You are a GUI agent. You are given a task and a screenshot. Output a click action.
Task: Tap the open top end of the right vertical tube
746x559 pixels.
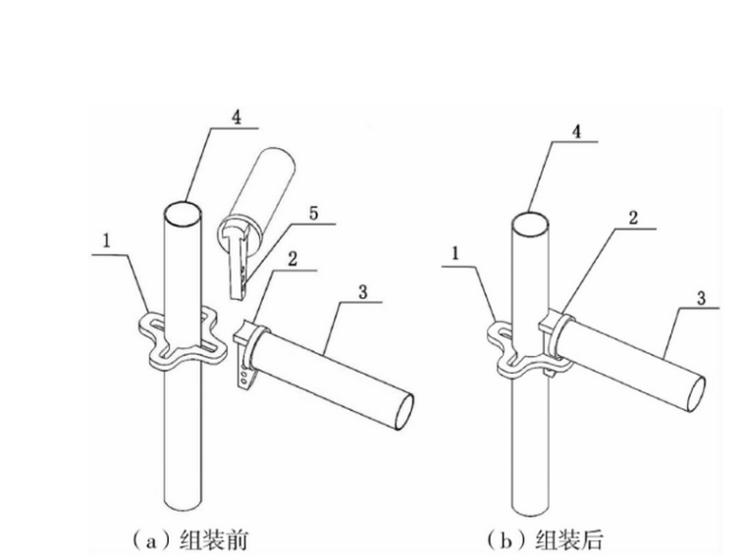[x=531, y=224]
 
